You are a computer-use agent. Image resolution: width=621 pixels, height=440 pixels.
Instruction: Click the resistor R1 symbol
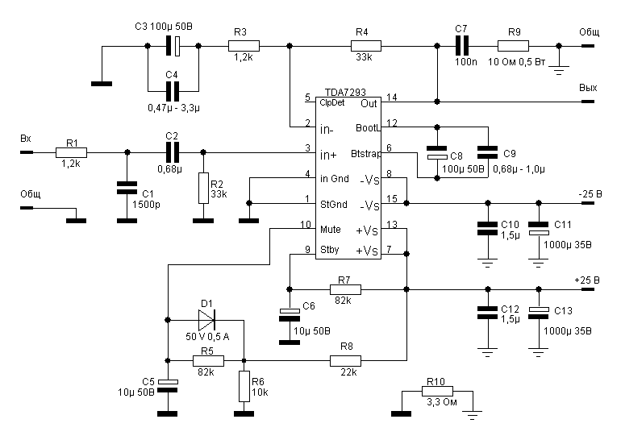[x=71, y=151]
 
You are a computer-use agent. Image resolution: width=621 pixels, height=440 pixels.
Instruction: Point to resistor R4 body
[x=361, y=47]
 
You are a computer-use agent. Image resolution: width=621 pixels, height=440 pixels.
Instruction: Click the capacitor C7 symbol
[x=461, y=47]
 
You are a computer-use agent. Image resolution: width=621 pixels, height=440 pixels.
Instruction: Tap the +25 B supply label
[x=591, y=280]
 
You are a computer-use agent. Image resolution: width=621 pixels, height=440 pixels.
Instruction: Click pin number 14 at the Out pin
[x=391, y=98]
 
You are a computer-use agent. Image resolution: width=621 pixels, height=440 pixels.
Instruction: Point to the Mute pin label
[x=329, y=230]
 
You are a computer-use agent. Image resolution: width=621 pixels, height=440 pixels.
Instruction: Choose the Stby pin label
[x=328, y=251]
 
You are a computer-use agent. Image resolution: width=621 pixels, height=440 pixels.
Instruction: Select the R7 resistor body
[x=344, y=288]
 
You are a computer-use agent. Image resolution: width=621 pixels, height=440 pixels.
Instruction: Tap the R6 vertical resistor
[x=243, y=385]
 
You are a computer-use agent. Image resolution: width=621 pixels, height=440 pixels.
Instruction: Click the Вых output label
[x=587, y=87]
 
